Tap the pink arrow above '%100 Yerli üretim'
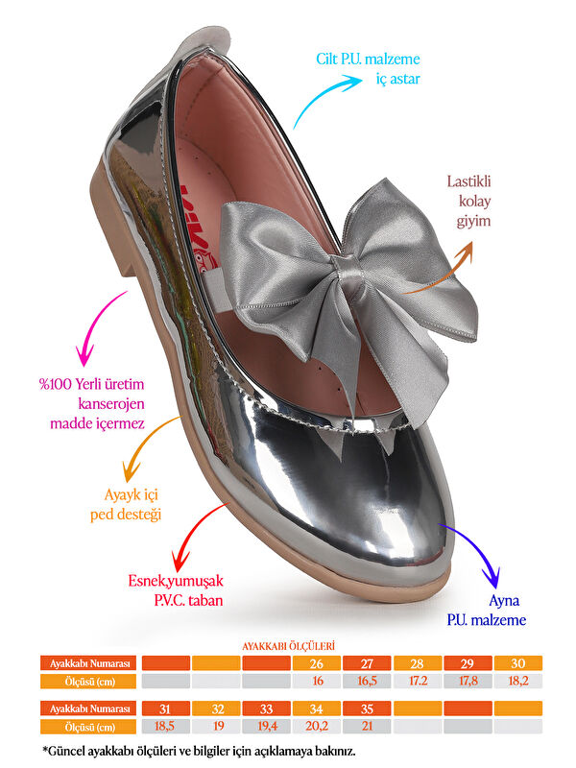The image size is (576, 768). click(98, 327)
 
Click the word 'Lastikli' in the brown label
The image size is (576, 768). click(468, 181)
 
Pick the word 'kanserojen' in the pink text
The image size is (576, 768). click(111, 404)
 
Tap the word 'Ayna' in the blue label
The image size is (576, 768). click(504, 601)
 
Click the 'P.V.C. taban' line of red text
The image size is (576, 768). click(188, 601)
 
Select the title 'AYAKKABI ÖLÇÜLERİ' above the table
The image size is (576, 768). click(289, 646)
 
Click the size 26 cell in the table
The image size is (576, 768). click(317, 663)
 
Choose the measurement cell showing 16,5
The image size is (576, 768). click(367, 682)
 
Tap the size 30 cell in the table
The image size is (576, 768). click(518, 663)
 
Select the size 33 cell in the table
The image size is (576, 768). click(266, 708)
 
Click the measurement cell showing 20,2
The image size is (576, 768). click(317, 726)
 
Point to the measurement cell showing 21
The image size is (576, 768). click(367, 726)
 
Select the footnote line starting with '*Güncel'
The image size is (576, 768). click(199, 751)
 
